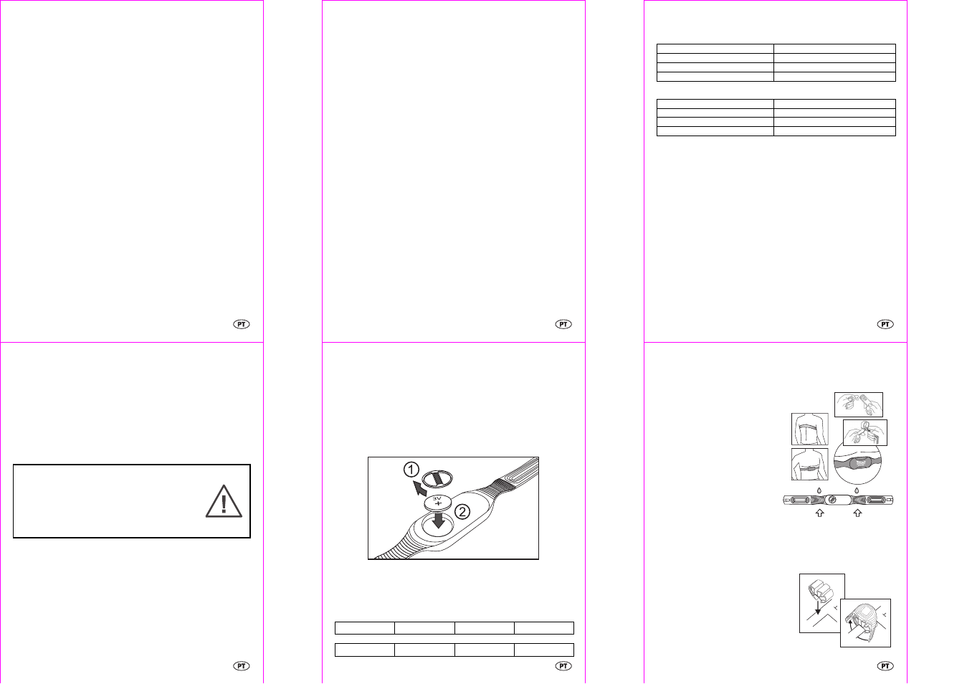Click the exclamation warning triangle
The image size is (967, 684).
224,501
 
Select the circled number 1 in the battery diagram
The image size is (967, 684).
411,470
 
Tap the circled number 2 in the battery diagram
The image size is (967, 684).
462,512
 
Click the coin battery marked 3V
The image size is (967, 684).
437,503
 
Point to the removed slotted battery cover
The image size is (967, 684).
437,478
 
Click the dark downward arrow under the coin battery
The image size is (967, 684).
438,521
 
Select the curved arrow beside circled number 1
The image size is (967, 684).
419,488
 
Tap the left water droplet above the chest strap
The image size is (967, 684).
819,490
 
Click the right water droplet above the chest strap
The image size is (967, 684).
857,490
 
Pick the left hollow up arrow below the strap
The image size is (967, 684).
819,513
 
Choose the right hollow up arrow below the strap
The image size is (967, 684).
857,513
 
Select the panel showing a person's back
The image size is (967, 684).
809,429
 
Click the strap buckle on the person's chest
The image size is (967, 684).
810,467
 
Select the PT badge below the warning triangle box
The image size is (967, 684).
242,666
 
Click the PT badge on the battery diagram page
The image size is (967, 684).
563,666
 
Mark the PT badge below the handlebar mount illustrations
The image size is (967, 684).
885,666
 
